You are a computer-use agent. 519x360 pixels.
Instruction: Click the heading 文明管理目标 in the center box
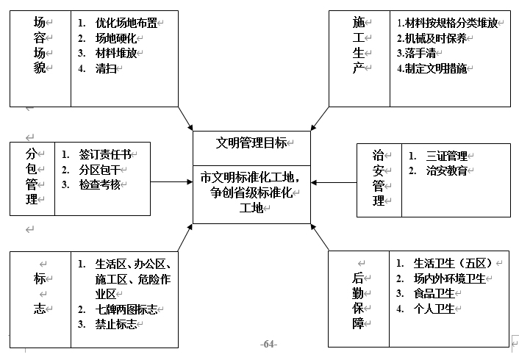coord(251,143)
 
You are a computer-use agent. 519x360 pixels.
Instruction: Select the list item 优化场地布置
coord(126,22)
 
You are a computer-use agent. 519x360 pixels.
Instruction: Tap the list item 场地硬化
coord(116,37)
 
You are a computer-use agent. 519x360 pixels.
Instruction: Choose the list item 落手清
coord(418,53)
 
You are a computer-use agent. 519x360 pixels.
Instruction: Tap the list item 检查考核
coord(100,184)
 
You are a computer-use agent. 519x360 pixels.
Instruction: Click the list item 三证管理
coord(446,156)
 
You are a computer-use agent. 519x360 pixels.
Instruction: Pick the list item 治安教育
coord(446,170)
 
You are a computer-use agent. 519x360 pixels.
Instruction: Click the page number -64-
coord(268,344)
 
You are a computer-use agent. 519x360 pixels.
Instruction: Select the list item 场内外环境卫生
coord(449,278)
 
